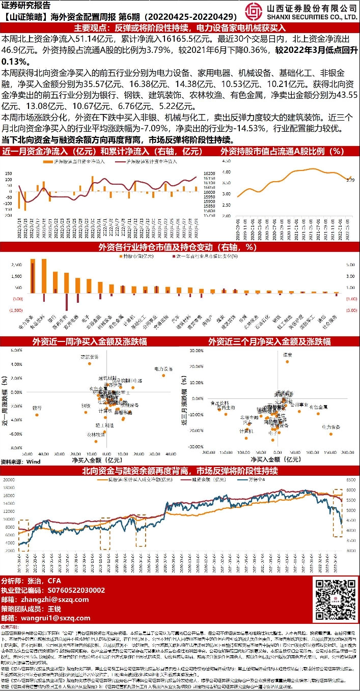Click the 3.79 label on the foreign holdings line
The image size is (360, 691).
[350, 180]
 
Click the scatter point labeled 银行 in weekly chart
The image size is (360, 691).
[37, 415]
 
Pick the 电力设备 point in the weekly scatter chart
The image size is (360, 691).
[163, 376]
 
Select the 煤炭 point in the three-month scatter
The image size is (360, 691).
[287, 362]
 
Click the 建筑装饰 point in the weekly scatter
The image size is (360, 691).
[90, 363]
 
